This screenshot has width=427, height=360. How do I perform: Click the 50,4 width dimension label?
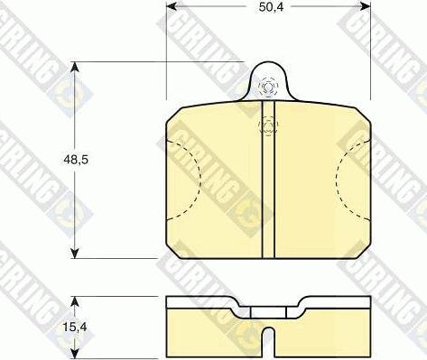(x=271, y=7)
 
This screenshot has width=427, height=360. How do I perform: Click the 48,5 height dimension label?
(x=76, y=160)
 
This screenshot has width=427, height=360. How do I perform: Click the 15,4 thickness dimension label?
(x=75, y=327)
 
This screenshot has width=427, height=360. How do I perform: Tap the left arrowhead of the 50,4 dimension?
(x=172, y=6)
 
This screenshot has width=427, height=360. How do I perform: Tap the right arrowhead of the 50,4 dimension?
(x=365, y=6)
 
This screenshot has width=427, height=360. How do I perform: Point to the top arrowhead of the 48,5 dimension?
(x=75, y=67)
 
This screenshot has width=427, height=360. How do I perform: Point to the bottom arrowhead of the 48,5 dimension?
(x=75, y=253)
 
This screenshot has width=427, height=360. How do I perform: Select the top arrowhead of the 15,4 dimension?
(x=75, y=301)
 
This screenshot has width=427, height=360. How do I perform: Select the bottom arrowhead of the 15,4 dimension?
(x=75, y=353)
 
